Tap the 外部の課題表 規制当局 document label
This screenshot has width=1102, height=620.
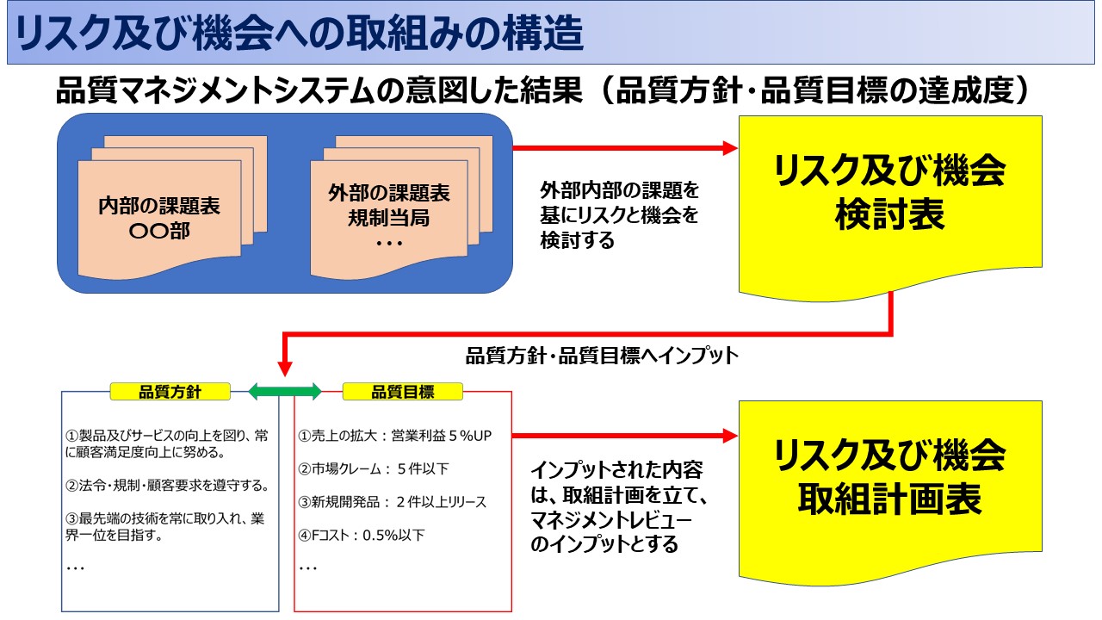point(388,205)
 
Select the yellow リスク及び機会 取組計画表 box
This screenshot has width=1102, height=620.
point(890,477)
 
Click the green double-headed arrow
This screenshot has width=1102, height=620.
point(284,392)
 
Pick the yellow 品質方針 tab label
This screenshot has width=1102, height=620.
point(170,392)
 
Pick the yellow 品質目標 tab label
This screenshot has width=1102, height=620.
point(402,392)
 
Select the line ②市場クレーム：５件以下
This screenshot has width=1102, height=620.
point(374,469)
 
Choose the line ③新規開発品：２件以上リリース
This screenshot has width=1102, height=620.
point(392,502)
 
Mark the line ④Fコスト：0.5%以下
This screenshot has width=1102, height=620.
point(362,535)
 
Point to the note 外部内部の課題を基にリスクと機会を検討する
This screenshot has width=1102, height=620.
point(619,214)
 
